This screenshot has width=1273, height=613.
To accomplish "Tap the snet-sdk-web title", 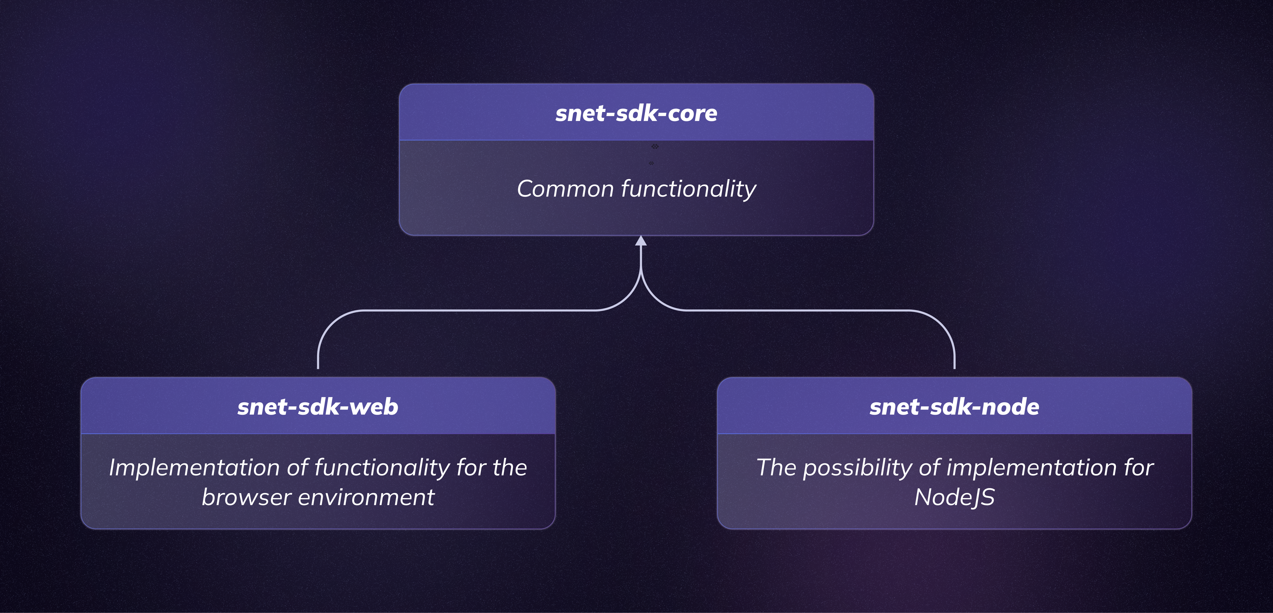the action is pyautogui.click(x=318, y=407).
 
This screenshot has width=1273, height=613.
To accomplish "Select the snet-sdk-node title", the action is pyautogui.click(x=954, y=407).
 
